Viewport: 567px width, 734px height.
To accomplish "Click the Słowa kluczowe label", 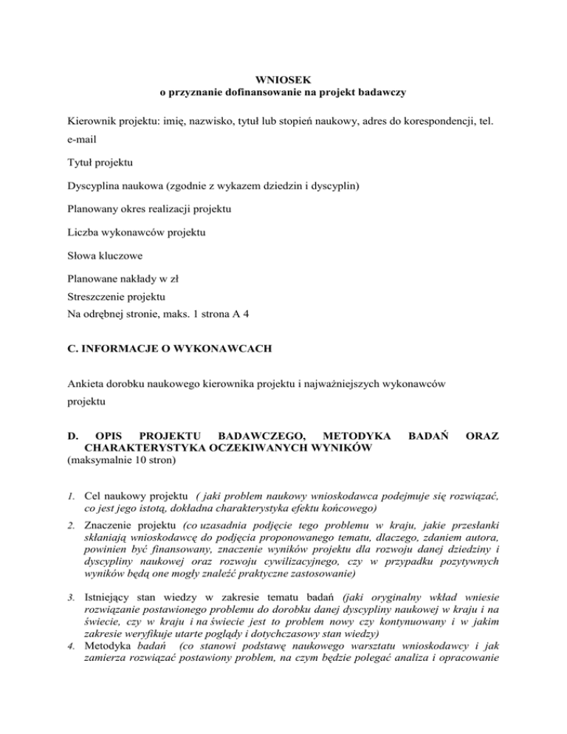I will (x=102, y=256).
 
